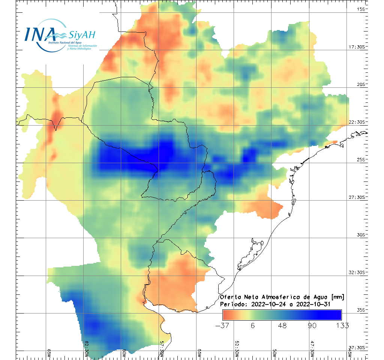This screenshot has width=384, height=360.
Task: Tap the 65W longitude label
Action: pyautogui.click(x=49, y=353)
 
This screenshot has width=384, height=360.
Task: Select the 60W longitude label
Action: pyautogui.click(x=124, y=353)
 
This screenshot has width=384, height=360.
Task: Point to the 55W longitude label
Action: pyautogui.click(x=199, y=353)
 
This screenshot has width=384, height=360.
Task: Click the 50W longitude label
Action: pyautogui.click(x=274, y=353)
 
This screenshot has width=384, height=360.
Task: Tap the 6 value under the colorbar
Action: pyautogui.click(x=253, y=325)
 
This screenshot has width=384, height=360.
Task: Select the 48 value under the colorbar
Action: pyautogui.click(x=282, y=325)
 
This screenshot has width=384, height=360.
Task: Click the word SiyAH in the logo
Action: pyautogui.click(x=82, y=35)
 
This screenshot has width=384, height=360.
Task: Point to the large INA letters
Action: pyautogui.click(x=40, y=34)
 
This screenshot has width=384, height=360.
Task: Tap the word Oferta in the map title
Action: pyautogui.click(x=229, y=297)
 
